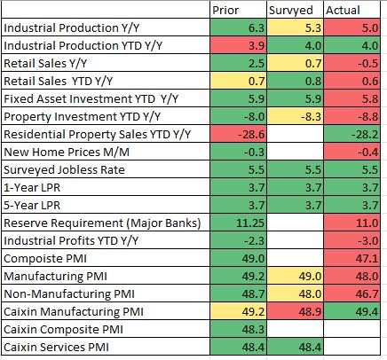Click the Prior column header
[x=225, y=11]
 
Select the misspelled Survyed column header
[x=290, y=11]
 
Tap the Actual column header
[x=343, y=11]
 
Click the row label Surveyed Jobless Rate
[x=64, y=170]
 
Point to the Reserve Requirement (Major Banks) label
[x=102, y=223]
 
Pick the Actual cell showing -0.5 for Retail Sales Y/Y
[x=352, y=63]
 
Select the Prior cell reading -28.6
[x=239, y=134]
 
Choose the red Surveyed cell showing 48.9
[x=296, y=311]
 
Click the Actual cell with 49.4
[x=352, y=311]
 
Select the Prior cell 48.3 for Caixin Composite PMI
[x=239, y=329]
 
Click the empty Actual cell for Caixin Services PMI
[x=352, y=347]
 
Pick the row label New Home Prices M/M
[x=67, y=153]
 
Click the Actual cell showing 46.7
[x=352, y=293]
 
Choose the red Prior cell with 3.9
[x=239, y=45]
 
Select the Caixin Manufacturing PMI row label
[x=74, y=312]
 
